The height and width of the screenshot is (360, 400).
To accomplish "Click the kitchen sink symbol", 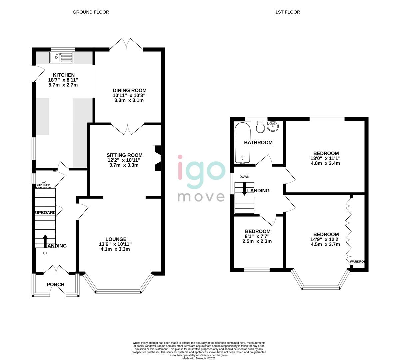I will click(x=61, y=57).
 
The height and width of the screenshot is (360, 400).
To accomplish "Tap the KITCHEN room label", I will click(x=63, y=75).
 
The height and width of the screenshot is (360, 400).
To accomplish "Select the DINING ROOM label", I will click(x=129, y=90).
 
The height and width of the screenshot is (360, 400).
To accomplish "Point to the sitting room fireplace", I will click(x=157, y=158).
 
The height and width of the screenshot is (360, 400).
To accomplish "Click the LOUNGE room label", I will click(x=116, y=239).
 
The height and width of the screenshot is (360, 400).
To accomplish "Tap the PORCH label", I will click(x=55, y=284).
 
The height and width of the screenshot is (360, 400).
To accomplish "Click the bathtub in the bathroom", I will click(x=242, y=143).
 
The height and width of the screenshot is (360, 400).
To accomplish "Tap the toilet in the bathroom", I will click(x=260, y=126).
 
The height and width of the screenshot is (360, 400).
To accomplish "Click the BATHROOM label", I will click(x=258, y=142).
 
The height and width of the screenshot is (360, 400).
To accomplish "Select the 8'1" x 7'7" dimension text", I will click(x=257, y=236).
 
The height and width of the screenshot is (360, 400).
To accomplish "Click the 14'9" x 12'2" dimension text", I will click(x=326, y=239).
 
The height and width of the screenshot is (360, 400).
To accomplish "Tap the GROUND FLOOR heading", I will click(x=91, y=12).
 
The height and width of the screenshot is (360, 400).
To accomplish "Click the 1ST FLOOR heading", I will click(x=287, y=12).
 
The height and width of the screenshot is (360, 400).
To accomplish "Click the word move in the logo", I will click(x=201, y=196).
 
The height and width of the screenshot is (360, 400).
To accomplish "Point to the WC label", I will click(x=43, y=182).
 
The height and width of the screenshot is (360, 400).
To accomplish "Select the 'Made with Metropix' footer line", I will click(x=199, y=358).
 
